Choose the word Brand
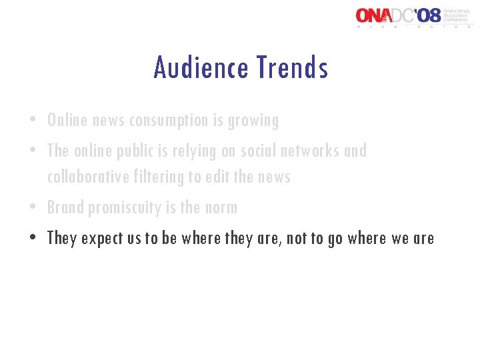click(x=65, y=208)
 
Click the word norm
click(x=221, y=208)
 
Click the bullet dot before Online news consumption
click(x=32, y=121)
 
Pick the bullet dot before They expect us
click(x=32, y=239)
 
